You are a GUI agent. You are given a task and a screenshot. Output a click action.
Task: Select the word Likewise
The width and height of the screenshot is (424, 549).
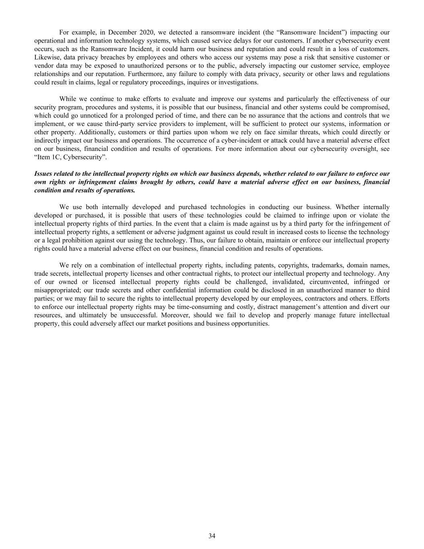click(x=47, y=57)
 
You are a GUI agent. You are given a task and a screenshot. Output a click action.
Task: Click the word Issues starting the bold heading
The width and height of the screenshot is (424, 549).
click(x=43, y=174)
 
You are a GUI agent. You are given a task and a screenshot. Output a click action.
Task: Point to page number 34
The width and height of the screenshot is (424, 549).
click(x=212, y=536)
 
